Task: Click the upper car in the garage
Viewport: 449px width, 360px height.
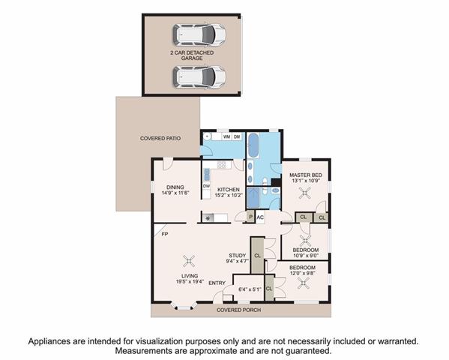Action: [199, 34]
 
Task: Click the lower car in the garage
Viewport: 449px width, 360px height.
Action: [199, 77]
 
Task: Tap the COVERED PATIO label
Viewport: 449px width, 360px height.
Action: [160, 139]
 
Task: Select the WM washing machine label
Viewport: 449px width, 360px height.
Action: [227, 136]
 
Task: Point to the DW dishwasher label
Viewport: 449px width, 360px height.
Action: [206, 186]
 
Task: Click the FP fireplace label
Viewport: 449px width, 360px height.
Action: [165, 234]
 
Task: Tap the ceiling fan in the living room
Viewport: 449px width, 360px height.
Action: [189, 261]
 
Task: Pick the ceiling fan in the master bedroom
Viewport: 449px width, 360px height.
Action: [305, 193]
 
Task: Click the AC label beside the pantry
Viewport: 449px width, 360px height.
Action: [260, 217]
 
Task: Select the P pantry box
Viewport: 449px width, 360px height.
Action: [251, 217]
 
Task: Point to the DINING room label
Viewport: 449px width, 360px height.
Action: [175, 187]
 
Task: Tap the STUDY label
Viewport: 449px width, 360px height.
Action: [238, 256]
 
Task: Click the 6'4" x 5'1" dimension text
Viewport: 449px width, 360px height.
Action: [250, 289]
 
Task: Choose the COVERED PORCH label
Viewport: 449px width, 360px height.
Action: [239, 310]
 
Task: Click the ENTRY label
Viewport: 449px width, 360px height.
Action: [217, 283]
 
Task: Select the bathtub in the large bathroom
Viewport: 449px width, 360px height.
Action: [253, 145]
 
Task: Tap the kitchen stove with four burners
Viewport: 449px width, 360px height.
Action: [221, 165]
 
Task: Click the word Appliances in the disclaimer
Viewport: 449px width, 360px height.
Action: [49, 342]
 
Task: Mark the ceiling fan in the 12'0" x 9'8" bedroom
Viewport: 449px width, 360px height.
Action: [304, 284]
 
